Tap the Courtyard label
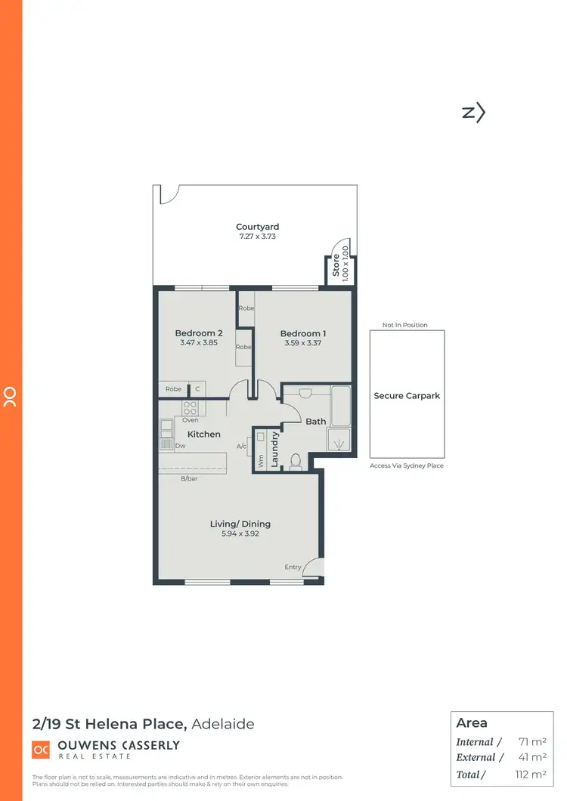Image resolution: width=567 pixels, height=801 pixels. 257,227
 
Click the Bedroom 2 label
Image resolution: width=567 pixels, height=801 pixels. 199,333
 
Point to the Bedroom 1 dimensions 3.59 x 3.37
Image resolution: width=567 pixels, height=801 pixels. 302,343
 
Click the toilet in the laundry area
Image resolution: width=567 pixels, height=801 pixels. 296,460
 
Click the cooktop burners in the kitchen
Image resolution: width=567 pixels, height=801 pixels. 189,408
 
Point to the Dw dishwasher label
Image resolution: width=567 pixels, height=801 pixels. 180,446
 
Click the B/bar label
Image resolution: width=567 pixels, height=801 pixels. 189,479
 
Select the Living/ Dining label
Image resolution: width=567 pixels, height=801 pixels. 240,524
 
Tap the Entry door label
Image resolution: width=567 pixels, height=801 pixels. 293,567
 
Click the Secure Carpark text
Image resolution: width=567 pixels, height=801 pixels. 407,395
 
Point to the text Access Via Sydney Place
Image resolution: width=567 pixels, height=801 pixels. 407,465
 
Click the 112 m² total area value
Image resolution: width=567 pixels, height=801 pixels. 531,773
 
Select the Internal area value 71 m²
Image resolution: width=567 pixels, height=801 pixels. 532,742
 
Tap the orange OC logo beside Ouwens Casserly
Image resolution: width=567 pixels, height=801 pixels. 40,750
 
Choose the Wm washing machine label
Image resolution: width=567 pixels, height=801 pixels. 260,462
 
